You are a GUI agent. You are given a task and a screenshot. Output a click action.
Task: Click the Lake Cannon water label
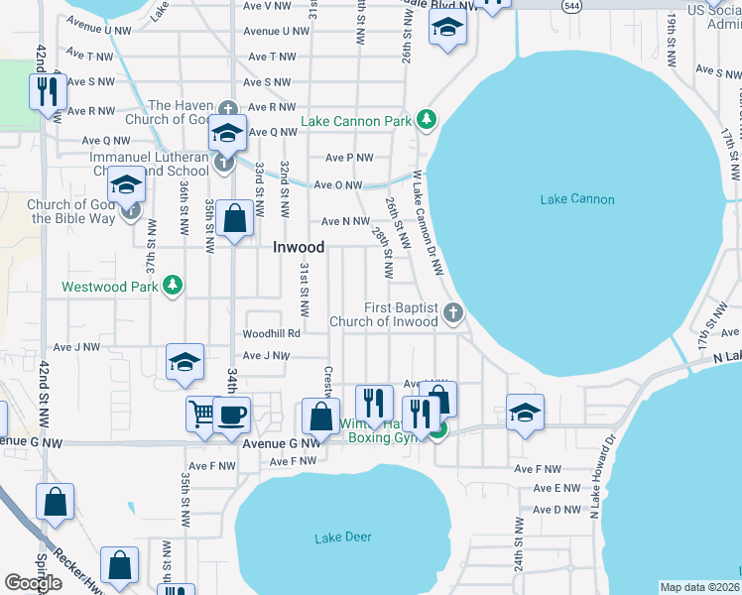[577, 199]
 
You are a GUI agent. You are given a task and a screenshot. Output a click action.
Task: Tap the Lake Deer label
[343, 537]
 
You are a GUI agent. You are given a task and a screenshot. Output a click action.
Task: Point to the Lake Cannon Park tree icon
[427, 120]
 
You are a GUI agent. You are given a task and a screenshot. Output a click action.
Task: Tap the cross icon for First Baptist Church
[452, 313]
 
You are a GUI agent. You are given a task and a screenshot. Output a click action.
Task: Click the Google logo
[34, 583]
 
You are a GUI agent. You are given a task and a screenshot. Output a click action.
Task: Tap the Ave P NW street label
[349, 158]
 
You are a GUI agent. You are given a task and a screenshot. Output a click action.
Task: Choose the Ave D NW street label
[556, 510]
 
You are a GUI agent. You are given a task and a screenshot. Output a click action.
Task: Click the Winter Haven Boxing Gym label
[377, 430]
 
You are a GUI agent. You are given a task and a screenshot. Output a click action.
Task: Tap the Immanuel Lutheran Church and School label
[149, 164]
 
